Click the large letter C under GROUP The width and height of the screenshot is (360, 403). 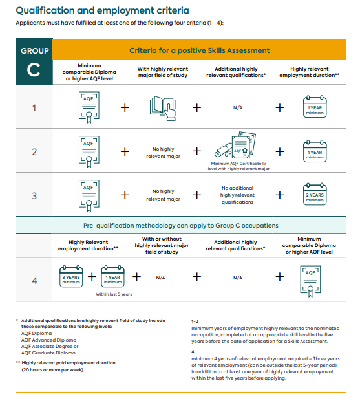click(x=34, y=70)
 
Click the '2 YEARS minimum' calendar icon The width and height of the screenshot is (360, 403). click(x=315, y=194)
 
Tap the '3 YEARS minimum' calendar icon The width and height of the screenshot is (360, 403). click(x=71, y=276)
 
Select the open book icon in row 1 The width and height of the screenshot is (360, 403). click(x=163, y=108)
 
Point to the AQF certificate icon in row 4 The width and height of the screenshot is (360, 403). click(x=310, y=281)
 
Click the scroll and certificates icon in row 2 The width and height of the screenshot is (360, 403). click(x=235, y=145)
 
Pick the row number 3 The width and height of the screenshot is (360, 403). click(x=34, y=196)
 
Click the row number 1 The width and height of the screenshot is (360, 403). click(x=34, y=108)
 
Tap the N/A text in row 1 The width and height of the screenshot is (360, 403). click(x=238, y=107)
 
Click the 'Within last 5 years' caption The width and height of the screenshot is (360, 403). click(x=114, y=294)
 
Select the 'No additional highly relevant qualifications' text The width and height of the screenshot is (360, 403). click(x=237, y=195)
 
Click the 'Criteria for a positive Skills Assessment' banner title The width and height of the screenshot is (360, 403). click(x=200, y=50)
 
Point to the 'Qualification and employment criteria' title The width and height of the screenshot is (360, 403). click(x=103, y=10)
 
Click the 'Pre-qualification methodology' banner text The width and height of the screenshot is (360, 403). click(x=181, y=226)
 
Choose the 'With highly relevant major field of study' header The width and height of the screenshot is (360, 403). click(x=163, y=72)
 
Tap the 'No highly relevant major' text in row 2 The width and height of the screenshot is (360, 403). click(x=163, y=153)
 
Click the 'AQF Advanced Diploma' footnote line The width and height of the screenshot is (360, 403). click(x=48, y=340)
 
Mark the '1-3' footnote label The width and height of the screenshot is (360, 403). click(x=195, y=321)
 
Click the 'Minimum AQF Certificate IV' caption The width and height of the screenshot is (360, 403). click(x=238, y=164)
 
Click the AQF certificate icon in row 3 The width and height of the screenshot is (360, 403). click(x=89, y=195)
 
